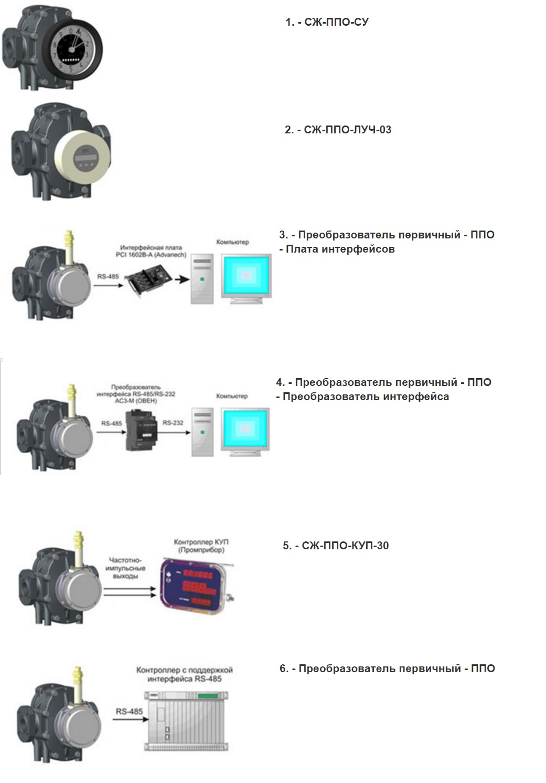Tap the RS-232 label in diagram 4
pos(173,423)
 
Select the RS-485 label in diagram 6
pos(129,711)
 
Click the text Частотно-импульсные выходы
pos(126,568)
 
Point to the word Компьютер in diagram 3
pos(232,242)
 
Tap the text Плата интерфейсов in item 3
pos(339,249)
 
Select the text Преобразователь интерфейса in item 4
pos(366,396)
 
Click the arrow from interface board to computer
pos(182,280)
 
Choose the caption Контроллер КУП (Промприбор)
pos(201,546)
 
